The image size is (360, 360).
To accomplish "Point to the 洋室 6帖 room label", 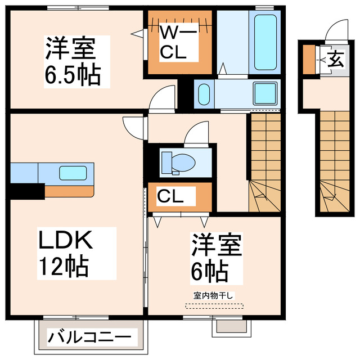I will click(216, 258).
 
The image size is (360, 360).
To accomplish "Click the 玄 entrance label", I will click(335, 58).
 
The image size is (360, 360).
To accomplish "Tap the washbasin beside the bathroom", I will click(204, 93).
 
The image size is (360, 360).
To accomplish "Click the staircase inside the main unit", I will click(264, 163).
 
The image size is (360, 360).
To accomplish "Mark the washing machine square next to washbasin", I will click(264, 93).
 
